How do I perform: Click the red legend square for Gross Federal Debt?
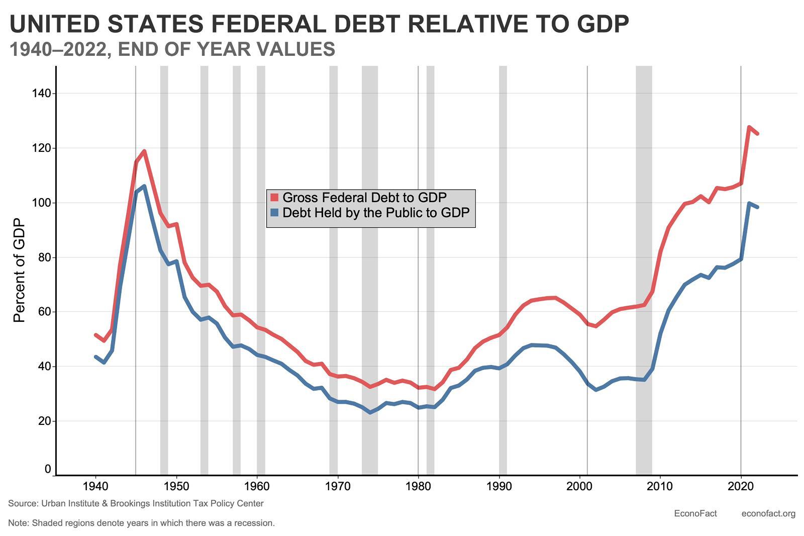pos(274,197)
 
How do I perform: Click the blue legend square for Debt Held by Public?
pos(274,212)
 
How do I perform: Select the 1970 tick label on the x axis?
pos(338,486)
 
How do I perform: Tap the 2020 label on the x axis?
pos(741,486)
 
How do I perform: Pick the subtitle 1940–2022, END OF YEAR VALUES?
pos(172,49)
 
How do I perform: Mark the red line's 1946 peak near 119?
pos(144,151)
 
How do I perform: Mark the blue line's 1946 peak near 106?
pos(144,186)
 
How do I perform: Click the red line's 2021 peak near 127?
pos(749,127)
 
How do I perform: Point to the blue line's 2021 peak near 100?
pos(749,203)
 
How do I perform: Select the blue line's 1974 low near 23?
pos(370,412)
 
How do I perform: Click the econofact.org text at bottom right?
pos(768,513)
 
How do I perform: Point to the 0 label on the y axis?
pos(48,469)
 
